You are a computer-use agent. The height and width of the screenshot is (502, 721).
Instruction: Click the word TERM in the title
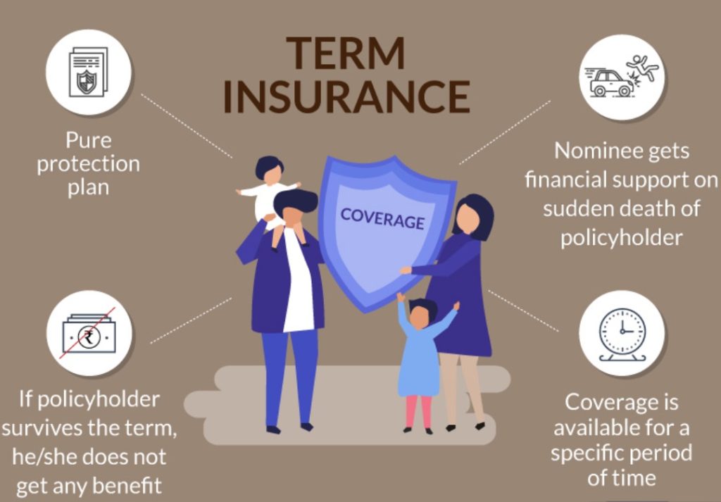(x=345, y=54)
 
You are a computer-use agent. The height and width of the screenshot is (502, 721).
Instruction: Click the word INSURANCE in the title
(x=346, y=97)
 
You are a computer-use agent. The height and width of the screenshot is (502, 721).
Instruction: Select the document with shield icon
(x=88, y=72)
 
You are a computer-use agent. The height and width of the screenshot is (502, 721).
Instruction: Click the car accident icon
(x=621, y=76)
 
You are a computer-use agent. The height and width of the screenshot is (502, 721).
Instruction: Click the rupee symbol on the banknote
(x=88, y=337)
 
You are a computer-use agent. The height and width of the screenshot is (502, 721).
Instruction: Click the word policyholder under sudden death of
(x=621, y=238)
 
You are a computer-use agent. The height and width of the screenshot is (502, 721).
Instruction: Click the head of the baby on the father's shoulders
(x=270, y=170)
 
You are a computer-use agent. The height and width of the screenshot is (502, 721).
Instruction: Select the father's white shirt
(x=298, y=282)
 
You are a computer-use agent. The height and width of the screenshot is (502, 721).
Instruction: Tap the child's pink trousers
(x=419, y=411)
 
